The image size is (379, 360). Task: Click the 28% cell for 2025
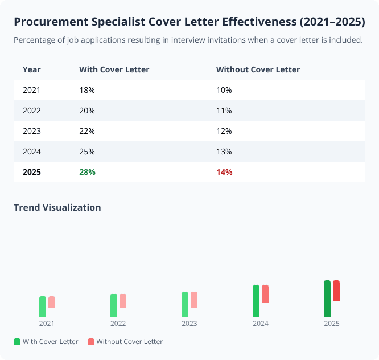click(87, 172)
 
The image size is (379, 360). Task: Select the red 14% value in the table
click(224, 172)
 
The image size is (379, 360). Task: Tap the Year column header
click(32, 69)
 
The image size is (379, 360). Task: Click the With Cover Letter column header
click(114, 69)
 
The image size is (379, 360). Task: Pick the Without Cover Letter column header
click(258, 69)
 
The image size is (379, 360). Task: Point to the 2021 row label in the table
click(32, 90)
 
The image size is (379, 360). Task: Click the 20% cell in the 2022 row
click(87, 111)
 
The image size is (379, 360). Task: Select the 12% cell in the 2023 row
click(224, 131)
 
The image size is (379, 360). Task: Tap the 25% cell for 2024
click(87, 152)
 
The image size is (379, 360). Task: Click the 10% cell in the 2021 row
click(224, 90)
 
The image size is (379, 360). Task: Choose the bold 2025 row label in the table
click(32, 172)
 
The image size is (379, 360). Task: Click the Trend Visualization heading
click(57, 207)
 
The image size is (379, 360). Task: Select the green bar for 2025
click(327, 298)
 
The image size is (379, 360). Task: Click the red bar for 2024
click(265, 294)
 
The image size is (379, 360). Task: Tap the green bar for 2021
click(43, 306)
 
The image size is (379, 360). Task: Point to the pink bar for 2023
click(194, 300)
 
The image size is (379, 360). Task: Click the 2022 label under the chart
click(118, 324)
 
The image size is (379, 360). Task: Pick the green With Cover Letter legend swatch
click(17, 342)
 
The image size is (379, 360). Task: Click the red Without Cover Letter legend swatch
click(91, 342)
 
